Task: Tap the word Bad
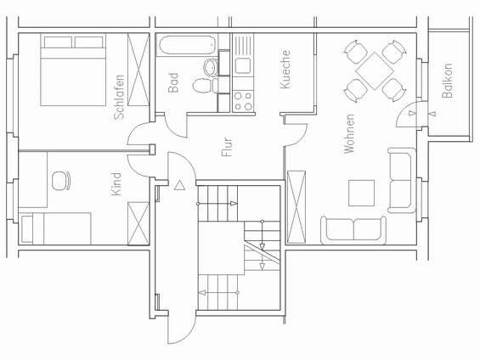pyautogui.click(x=173, y=82)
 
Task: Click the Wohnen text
pyautogui.click(x=348, y=132)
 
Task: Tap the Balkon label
pyautogui.click(x=447, y=82)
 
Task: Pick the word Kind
pyautogui.click(x=116, y=185)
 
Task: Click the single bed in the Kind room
pyautogui.click(x=56, y=228)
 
